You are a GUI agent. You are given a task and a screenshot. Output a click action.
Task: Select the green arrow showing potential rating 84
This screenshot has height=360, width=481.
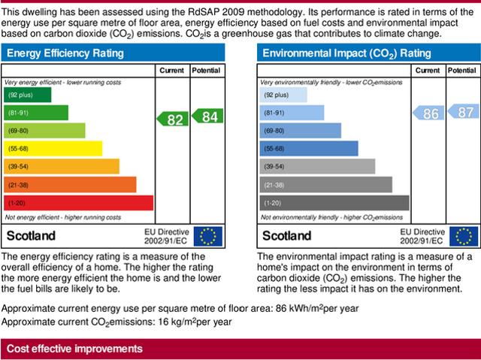[x=206, y=116]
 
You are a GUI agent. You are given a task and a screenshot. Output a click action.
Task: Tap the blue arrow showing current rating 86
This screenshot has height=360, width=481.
[x=427, y=114]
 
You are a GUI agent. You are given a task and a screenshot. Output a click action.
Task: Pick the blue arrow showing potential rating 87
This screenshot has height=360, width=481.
[x=461, y=111]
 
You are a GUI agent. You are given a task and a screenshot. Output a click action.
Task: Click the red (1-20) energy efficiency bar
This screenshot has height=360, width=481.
[x=78, y=203]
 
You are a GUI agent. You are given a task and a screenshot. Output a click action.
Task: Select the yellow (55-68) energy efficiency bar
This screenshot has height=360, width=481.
[x=53, y=149]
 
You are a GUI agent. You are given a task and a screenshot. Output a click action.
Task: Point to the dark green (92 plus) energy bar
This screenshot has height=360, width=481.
[x=28, y=95]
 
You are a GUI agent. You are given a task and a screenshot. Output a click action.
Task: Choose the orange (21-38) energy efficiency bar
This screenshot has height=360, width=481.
[x=70, y=185]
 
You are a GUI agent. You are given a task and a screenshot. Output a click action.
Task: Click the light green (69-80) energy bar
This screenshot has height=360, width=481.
[x=44, y=131]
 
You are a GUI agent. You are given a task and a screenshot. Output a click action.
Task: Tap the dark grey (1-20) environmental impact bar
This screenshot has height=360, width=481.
[x=334, y=203]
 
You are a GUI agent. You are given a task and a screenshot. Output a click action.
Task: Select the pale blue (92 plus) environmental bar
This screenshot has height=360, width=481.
[x=283, y=95]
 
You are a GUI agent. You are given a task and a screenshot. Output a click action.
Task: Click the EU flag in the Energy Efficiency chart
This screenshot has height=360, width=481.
[x=208, y=236]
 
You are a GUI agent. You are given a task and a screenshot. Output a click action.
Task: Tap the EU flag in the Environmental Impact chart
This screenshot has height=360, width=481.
[x=464, y=236]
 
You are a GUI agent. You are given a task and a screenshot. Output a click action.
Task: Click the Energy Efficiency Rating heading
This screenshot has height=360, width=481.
[x=65, y=53]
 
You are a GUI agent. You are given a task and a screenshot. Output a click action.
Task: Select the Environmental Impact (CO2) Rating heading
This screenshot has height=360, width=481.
[x=346, y=53]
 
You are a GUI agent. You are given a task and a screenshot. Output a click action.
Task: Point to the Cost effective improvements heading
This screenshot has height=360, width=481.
[x=74, y=349]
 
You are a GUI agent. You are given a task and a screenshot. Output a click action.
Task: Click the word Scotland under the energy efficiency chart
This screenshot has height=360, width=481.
[x=31, y=236]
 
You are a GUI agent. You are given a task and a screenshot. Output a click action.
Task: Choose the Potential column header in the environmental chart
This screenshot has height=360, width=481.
[x=461, y=71]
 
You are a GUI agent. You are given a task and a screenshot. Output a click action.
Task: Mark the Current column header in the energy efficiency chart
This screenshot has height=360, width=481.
[x=171, y=71]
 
